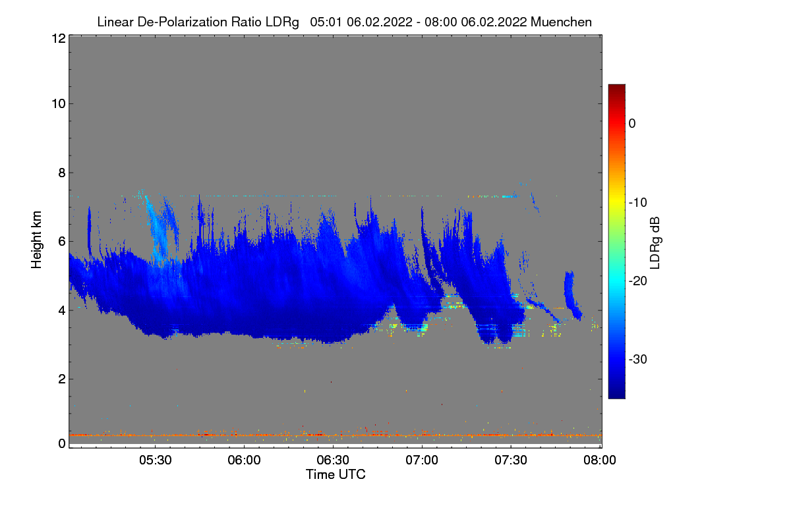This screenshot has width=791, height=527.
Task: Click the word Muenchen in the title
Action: point(561,22)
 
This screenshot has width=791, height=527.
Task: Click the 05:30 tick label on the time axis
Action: point(156,460)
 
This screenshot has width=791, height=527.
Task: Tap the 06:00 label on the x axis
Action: point(245,460)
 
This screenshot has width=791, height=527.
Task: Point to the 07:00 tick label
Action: point(422,460)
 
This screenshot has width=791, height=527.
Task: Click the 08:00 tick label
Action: point(599,460)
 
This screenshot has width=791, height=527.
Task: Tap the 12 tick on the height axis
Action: point(57,39)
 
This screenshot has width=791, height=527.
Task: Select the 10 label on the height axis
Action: point(57,103)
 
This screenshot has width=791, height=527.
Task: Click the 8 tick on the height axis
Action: point(61,173)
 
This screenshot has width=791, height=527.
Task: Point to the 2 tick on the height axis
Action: point(61,379)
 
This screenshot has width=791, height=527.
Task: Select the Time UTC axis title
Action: point(336,474)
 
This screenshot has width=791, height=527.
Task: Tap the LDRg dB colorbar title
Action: point(655,242)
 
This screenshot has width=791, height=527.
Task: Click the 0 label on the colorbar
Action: point(632,123)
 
